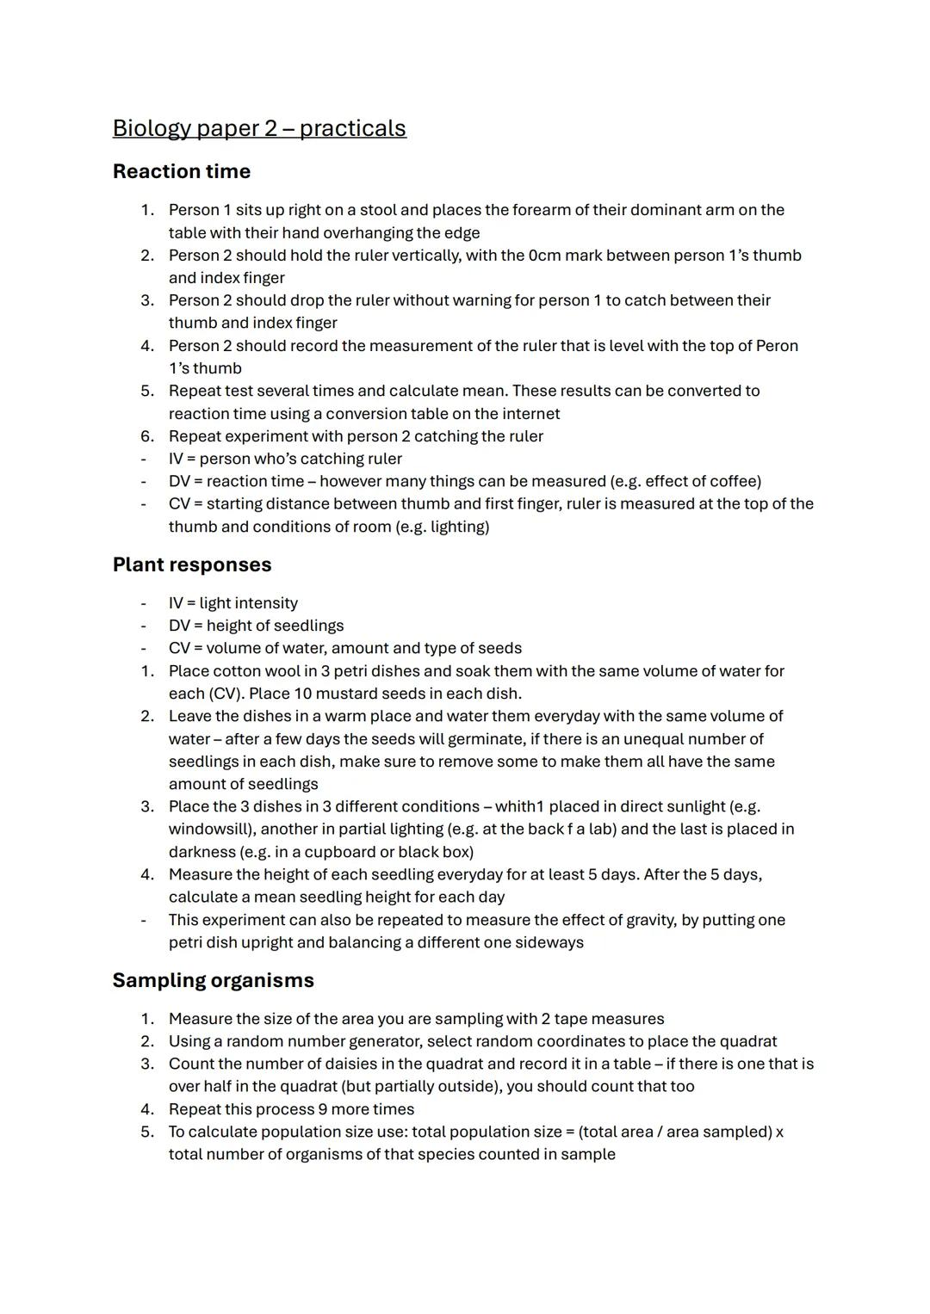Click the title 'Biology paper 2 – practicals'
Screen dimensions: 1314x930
[259, 128]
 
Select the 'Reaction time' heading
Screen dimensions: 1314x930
[182, 171]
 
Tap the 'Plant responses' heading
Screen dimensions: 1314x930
[192, 564]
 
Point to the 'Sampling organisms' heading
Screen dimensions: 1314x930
[213, 980]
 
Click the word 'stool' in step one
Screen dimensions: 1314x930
[378, 210]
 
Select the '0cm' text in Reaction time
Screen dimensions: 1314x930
[545, 256]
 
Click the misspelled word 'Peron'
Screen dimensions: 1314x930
[777, 346]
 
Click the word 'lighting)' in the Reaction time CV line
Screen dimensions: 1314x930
[460, 527]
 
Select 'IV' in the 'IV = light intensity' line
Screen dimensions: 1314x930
[176, 603]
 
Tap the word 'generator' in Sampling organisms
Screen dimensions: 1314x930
[381, 1041]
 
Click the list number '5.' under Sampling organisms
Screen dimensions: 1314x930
[147, 1132]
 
